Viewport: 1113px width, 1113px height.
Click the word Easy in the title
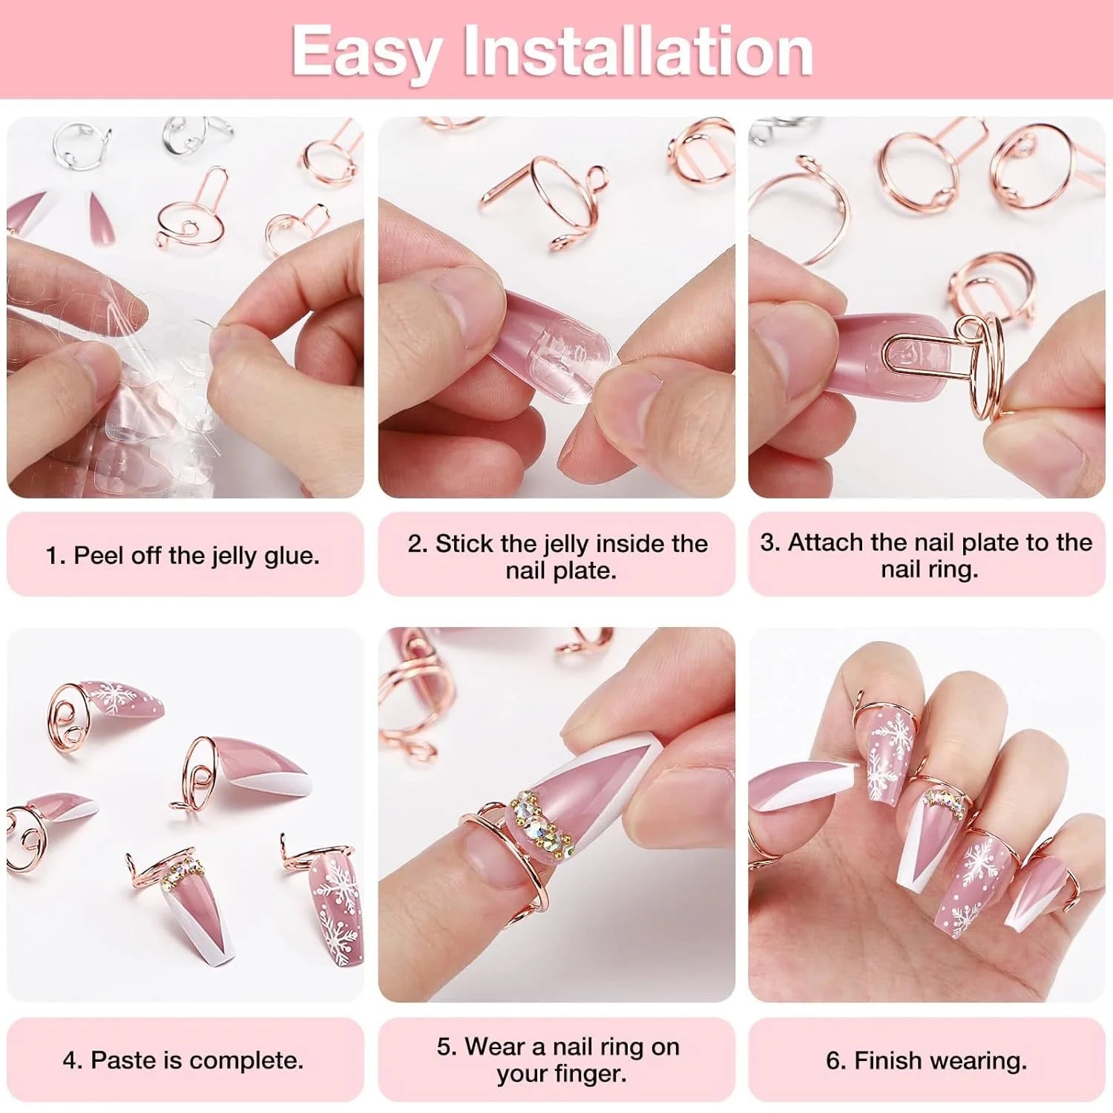(x=366, y=50)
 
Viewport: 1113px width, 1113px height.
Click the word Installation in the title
(x=638, y=50)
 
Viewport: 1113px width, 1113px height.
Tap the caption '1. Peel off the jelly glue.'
(x=183, y=555)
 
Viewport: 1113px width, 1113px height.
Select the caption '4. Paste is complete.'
(x=183, y=1060)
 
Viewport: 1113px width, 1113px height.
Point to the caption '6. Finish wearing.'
(x=926, y=1060)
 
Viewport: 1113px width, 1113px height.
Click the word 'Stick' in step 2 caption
(x=465, y=543)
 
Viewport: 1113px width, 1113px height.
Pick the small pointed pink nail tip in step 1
(x=98, y=217)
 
